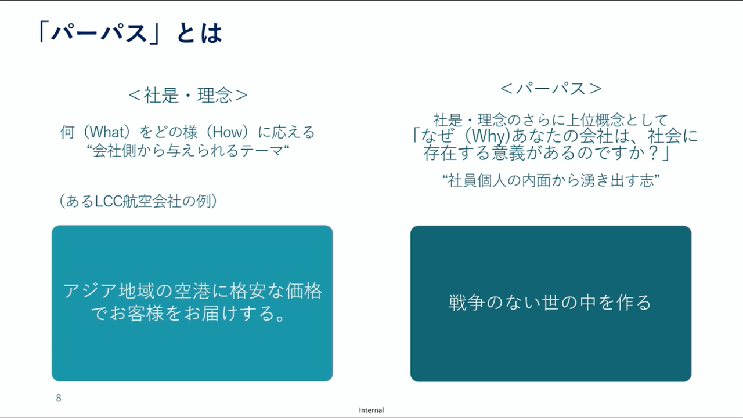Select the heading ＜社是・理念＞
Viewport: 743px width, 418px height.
[x=187, y=96]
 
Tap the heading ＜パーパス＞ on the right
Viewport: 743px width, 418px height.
[x=551, y=89]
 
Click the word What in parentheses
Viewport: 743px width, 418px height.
[x=106, y=132]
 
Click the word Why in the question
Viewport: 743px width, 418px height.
[x=488, y=136]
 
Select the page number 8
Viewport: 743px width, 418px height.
[x=59, y=398]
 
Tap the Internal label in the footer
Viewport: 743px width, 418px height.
[x=371, y=410]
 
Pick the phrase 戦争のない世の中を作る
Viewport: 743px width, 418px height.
[x=550, y=303]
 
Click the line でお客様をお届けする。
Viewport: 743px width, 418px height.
[x=187, y=313]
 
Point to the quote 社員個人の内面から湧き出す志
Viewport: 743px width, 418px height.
[x=551, y=181]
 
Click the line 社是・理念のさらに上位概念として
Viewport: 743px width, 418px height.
[x=551, y=119]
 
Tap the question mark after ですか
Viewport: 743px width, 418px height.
[x=654, y=153]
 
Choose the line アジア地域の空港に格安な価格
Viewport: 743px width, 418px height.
[x=193, y=291]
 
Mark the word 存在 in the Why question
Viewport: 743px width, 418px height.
[x=440, y=153]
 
